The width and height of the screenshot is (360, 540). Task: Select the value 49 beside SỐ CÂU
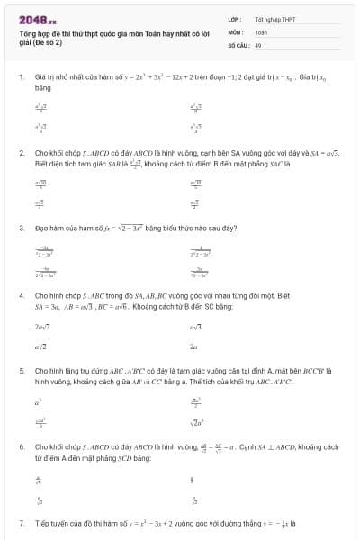pos(258,44)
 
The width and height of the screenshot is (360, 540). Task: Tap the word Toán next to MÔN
pos(261,31)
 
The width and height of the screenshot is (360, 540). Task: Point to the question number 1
pos(21,78)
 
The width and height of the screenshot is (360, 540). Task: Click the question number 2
pos(21,153)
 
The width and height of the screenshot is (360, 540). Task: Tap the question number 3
pos(21,229)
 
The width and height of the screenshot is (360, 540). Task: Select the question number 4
pos(21,295)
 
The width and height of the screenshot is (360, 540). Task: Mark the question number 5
pos(21,370)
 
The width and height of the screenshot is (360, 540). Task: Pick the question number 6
pos(21,446)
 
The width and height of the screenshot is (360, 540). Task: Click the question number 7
pos(21,522)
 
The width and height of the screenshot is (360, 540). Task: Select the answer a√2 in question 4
pos(40,346)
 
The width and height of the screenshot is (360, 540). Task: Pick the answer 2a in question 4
pos(193,346)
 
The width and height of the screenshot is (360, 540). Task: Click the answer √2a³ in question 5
pos(197,421)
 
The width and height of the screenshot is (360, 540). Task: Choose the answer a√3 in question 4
pos(195,328)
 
